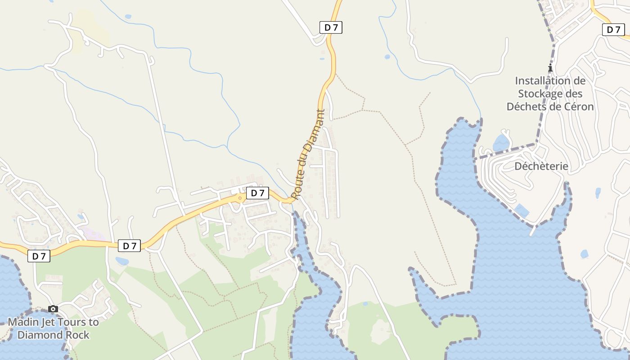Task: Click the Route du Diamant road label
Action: (x=308, y=154)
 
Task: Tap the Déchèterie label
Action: (x=541, y=166)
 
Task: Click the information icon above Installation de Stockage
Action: (x=550, y=68)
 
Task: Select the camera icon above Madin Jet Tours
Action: (x=53, y=309)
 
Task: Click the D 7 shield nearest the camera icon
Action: (x=39, y=256)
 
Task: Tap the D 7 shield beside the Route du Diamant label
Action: (x=257, y=193)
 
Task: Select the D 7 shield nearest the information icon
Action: (x=613, y=30)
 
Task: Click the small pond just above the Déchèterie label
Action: (x=501, y=143)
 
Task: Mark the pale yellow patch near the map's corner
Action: (x=90, y=31)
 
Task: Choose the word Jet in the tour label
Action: (x=52, y=322)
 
